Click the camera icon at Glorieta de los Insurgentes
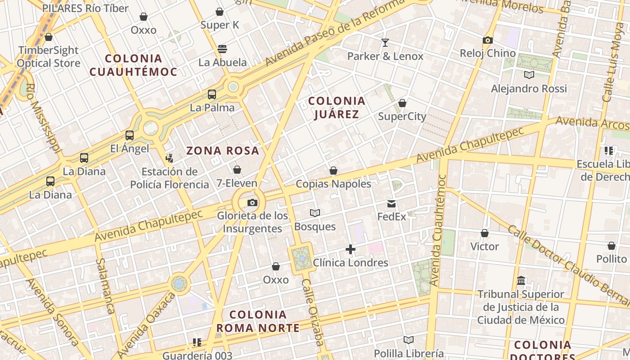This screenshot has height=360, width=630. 252,203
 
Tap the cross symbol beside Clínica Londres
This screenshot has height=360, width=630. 351,249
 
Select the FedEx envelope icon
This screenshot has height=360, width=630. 391,204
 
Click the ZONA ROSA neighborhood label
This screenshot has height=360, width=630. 223,151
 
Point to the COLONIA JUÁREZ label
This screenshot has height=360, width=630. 337,108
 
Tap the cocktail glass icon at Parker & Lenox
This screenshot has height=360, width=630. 385,43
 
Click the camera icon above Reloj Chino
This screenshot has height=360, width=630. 487,40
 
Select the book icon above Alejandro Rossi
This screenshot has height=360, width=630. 529,75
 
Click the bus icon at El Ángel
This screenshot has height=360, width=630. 130,135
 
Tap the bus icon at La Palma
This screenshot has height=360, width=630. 212,94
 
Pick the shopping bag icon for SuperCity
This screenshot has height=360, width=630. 402,103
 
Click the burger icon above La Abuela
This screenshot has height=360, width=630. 222,49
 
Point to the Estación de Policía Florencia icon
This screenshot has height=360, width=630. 169,158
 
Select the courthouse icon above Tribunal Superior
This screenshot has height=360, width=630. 521,281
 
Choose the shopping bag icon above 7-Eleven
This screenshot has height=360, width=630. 237,170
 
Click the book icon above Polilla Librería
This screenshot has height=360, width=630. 409,340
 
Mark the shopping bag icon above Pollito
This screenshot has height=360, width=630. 611,246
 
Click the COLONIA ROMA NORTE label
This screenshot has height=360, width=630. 258,321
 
